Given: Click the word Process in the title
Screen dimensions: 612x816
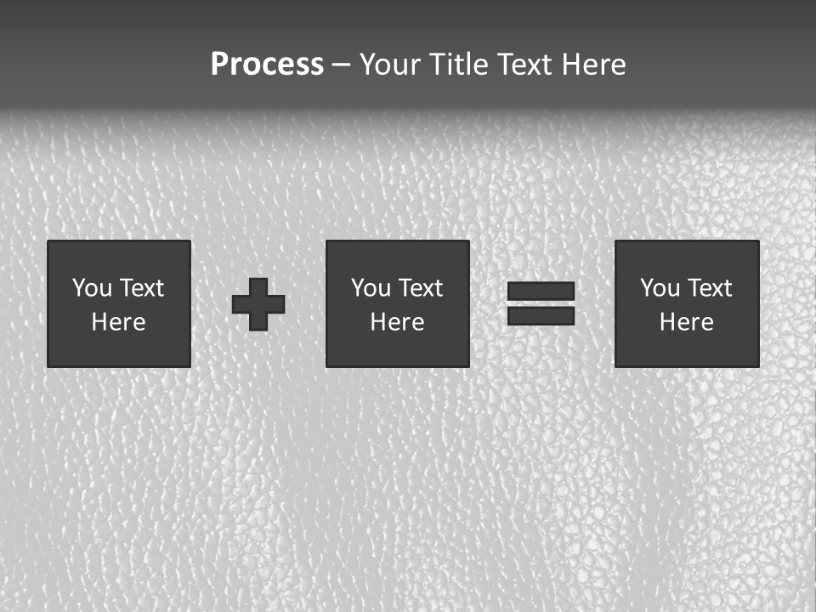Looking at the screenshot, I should pos(267,65).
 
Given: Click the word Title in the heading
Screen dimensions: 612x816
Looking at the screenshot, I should pos(457,65).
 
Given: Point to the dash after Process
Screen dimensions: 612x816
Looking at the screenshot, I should pos(341,65).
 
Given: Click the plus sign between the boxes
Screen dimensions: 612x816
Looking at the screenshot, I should pos(258,303).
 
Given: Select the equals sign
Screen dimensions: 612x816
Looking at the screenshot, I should pos(541,303).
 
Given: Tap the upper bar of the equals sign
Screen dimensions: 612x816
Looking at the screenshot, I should pos(541,292).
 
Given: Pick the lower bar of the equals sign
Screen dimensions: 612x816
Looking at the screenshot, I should pos(541,315).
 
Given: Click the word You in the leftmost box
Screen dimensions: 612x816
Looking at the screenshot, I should pos(92,288).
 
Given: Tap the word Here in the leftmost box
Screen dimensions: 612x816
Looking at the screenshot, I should pos(119,322).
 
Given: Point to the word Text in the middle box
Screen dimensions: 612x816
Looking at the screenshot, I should pos(422,288).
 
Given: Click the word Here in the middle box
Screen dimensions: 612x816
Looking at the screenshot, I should pos(398,322).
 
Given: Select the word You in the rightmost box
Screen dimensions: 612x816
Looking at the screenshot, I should pos(660,288).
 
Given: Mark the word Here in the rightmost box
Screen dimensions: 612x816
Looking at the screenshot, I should pos(687,322).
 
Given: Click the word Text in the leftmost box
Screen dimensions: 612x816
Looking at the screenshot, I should pos(142,288).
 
